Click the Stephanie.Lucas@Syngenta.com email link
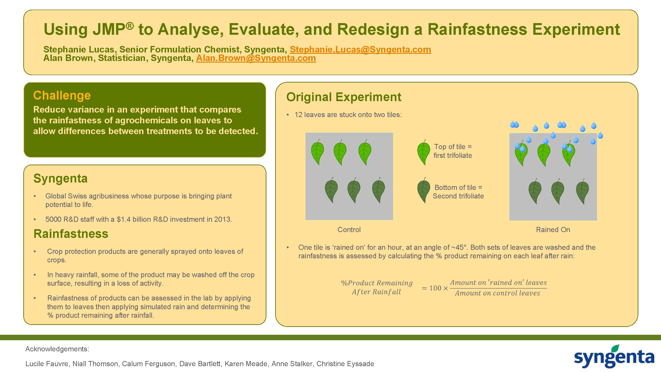point(360,49)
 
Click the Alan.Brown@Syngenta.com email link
point(256,58)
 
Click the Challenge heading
point(62,95)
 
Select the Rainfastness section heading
point(71,234)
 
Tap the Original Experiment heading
point(343,97)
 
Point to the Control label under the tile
point(349,230)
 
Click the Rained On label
point(553,230)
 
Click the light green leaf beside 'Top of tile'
point(424,152)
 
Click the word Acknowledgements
point(57,349)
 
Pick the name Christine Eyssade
point(345,363)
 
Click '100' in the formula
point(435,288)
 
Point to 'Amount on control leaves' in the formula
point(497,293)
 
